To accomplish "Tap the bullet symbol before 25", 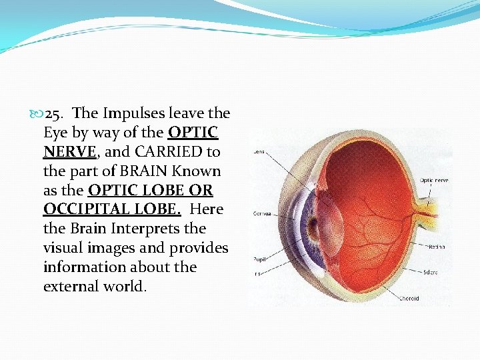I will coord(37,114).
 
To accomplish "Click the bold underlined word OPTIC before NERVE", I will coord(193,133).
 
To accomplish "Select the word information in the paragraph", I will coord(83,267).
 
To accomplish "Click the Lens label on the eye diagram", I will coord(259,152).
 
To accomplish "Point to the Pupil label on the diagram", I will coord(258,259).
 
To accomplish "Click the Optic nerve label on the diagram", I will coord(434,180).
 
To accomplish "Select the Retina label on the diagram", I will coord(436,247).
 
